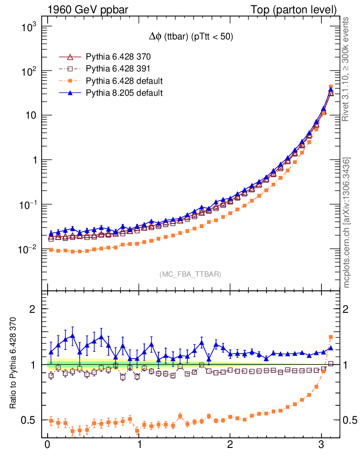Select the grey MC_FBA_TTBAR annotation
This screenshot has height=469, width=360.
(191, 274)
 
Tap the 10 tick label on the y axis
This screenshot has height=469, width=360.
(30, 116)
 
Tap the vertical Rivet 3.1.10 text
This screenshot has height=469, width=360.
(346, 69)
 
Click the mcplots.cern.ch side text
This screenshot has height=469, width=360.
(347, 222)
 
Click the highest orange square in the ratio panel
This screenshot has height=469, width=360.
(331, 337)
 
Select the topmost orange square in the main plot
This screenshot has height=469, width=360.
(331, 87)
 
